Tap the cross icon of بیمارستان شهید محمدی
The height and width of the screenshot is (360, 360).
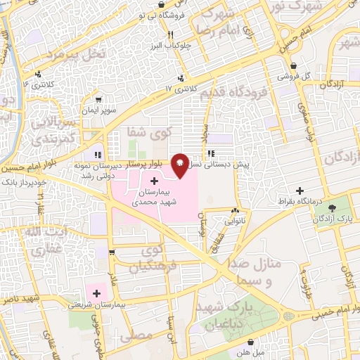[x=154, y=181]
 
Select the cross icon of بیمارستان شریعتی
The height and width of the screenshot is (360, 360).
[x=96, y=293]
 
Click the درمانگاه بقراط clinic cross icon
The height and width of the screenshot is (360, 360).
[x=300, y=191]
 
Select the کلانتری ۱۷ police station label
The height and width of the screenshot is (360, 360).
[x=178, y=89]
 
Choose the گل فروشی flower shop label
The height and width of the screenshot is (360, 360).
[x=288, y=75]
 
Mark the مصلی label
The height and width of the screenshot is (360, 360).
[x=136, y=337]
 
